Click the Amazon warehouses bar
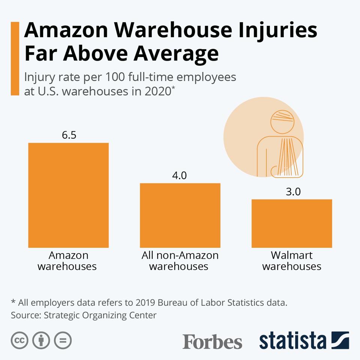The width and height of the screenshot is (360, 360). click(68, 195)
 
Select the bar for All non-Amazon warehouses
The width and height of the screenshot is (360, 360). click(180, 215)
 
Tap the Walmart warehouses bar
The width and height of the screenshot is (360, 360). click(292, 223)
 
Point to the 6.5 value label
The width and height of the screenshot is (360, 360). click(69, 135)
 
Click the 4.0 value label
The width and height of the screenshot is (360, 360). click(179, 175)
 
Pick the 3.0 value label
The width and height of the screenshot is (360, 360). click(293, 192)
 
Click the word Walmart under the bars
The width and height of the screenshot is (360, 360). click(292, 255)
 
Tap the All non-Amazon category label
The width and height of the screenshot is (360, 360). click(180, 255)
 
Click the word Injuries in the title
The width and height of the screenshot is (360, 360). click(278, 31)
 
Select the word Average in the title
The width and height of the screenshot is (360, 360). click(176, 54)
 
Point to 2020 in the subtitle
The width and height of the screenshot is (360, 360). click(158, 91)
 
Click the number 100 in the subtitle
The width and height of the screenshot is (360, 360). click(115, 77)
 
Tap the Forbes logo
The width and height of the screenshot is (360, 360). click(212, 341)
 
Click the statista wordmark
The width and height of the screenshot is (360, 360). click(293, 340)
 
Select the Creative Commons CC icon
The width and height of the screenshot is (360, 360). click(19, 340)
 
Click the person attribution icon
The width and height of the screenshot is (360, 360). click(41, 340)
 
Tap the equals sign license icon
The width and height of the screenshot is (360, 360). click(63, 340)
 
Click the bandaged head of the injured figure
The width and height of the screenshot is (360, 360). click(282, 121)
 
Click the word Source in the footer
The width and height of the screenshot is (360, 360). click(25, 315)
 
